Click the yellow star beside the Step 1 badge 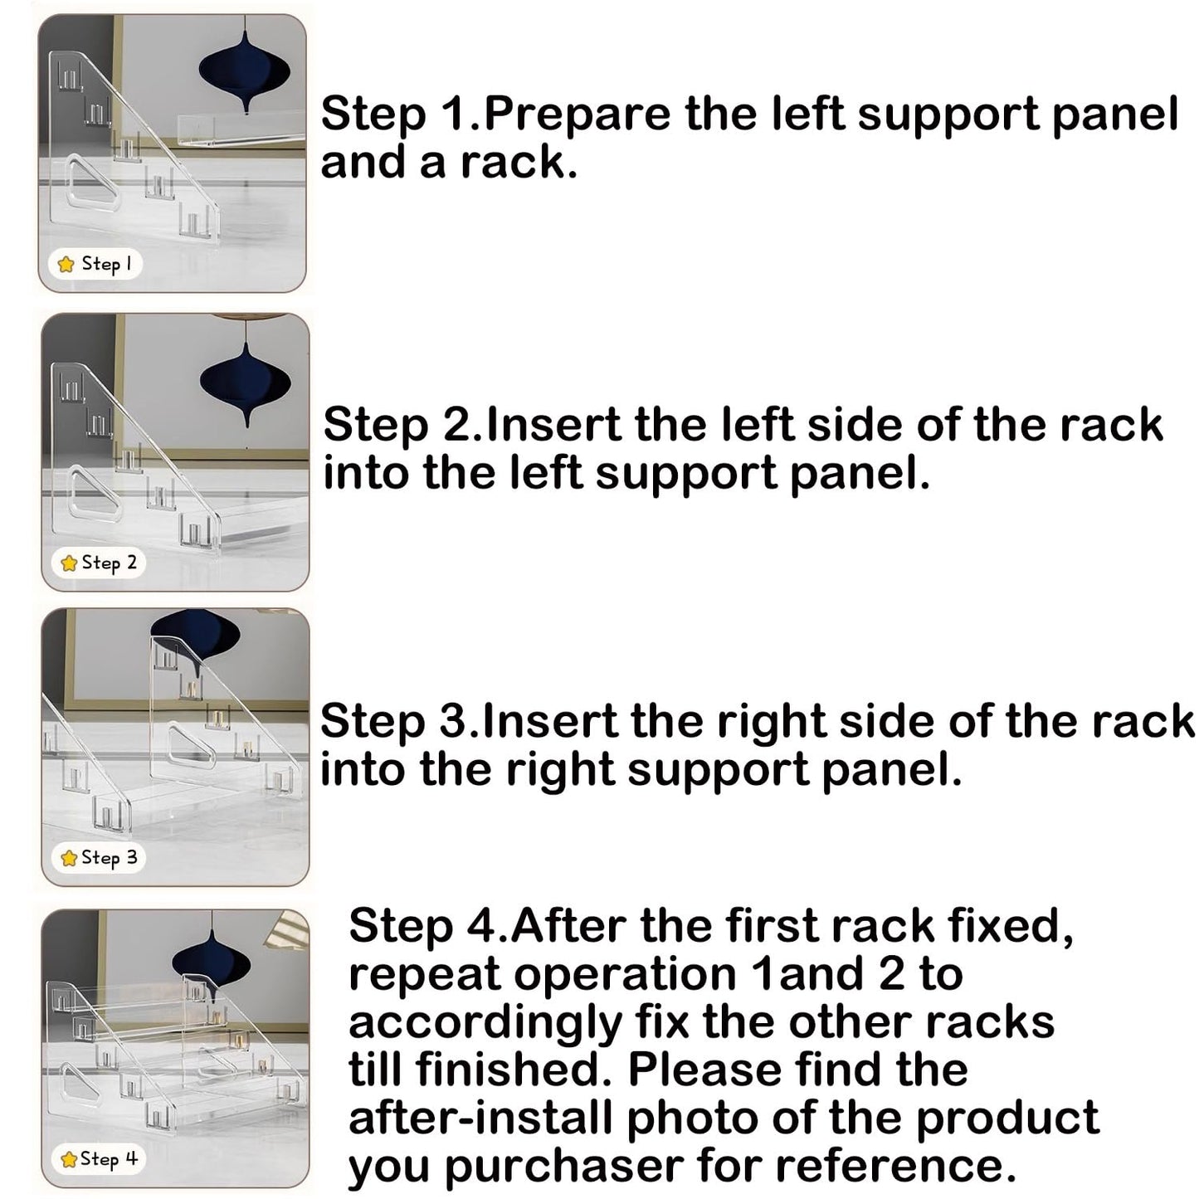pyautogui.click(x=66, y=265)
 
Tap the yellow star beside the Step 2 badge pyautogui.click(x=69, y=563)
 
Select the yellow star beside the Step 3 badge pyautogui.click(x=69, y=858)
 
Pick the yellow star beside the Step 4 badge pyautogui.click(x=69, y=1159)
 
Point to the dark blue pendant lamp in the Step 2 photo pyautogui.click(x=246, y=379)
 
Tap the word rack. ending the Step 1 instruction pyautogui.click(x=519, y=163)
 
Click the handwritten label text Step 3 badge pyautogui.click(x=109, y=858)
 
